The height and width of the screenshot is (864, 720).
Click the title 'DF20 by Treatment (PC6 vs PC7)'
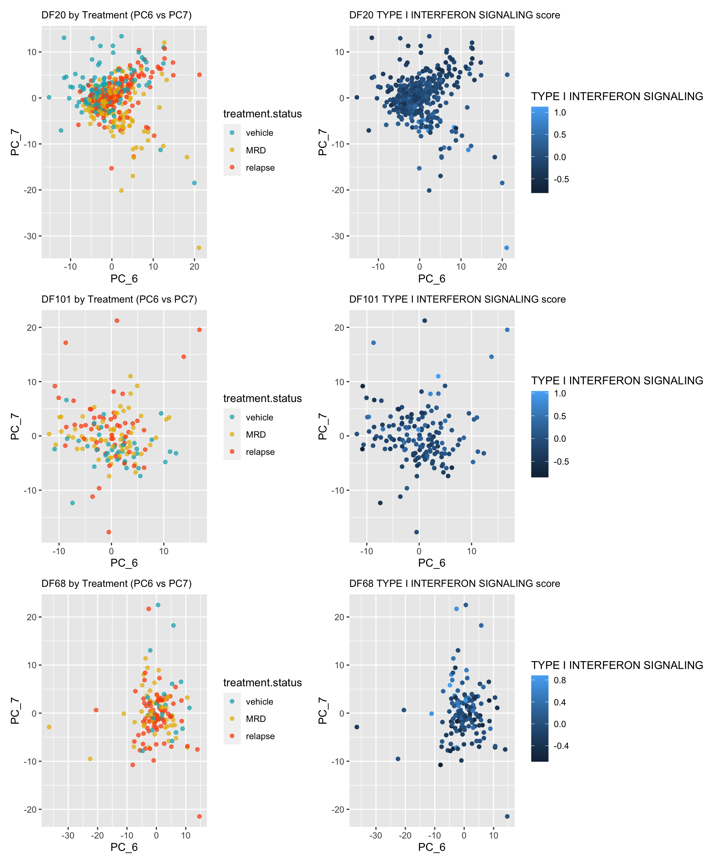116,15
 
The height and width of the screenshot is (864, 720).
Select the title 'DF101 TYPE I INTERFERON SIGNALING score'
457,300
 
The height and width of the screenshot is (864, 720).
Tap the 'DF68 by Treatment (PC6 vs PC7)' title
116,584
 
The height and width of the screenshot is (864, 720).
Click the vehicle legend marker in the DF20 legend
232,132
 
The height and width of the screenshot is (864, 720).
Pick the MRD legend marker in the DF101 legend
232,435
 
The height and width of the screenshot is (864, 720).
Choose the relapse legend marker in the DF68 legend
232,736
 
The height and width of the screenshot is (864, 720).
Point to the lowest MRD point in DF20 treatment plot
199,247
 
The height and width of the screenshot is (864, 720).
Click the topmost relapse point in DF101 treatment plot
117,321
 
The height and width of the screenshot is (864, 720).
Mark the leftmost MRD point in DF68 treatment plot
49,727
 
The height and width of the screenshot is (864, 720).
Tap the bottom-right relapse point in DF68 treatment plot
199,816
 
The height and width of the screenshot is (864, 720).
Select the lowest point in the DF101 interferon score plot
416,532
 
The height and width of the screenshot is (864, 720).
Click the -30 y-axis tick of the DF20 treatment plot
31,236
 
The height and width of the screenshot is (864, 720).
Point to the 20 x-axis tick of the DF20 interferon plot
502,267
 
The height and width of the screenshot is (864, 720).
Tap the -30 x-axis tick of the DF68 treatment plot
68,835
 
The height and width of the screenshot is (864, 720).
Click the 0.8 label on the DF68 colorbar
560,680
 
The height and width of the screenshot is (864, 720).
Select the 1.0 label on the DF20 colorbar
560,113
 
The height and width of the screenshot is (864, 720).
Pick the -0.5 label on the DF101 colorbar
561,462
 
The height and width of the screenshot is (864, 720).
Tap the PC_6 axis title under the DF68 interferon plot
432,847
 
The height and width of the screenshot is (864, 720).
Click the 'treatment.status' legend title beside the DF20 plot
262,114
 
